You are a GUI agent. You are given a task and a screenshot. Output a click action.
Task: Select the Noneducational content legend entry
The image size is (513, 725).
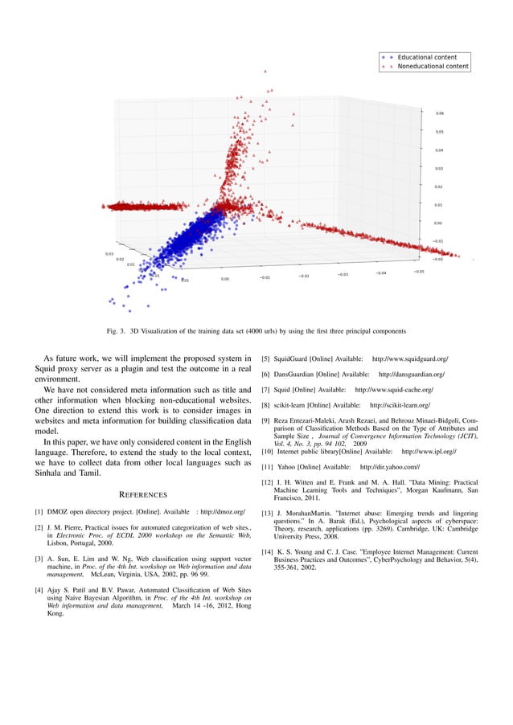point(433,67)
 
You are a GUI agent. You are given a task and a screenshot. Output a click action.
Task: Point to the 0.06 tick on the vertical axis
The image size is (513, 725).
point(440,113)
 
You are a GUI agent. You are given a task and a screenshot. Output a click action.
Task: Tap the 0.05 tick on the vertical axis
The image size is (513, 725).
point(440,132)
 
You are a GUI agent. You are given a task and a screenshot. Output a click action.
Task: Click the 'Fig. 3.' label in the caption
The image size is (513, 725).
point(117,330)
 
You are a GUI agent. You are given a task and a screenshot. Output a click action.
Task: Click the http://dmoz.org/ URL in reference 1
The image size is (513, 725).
point(223,511)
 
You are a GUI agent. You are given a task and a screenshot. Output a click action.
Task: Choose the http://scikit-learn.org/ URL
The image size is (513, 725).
point(400,405)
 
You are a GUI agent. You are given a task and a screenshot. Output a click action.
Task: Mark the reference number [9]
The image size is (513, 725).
point(265,421)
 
